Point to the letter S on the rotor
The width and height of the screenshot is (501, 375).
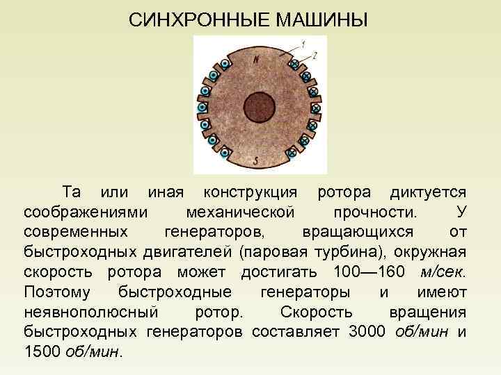coord(257,161)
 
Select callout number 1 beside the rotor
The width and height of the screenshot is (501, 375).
coord(304,44)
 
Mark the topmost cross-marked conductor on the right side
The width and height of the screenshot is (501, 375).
coord(294,65)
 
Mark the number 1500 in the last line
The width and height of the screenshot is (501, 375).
coord(42,351)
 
